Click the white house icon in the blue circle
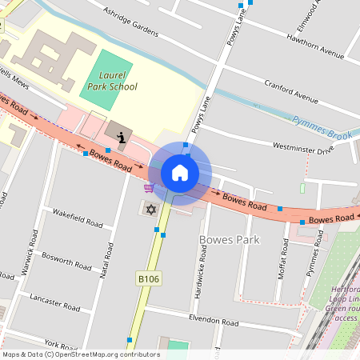(180, 172)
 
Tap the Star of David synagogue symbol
(150, 210)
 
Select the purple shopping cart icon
(149, 188)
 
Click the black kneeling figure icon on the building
(121, 138)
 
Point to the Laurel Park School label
(113, 81)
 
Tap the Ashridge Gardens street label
(133, 19)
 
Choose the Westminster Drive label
(302, 149)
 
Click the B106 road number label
(149, 278)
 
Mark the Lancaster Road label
(54, 302)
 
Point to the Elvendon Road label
(214, 322)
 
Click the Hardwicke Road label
(201, 271)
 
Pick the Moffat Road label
(285, 257)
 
